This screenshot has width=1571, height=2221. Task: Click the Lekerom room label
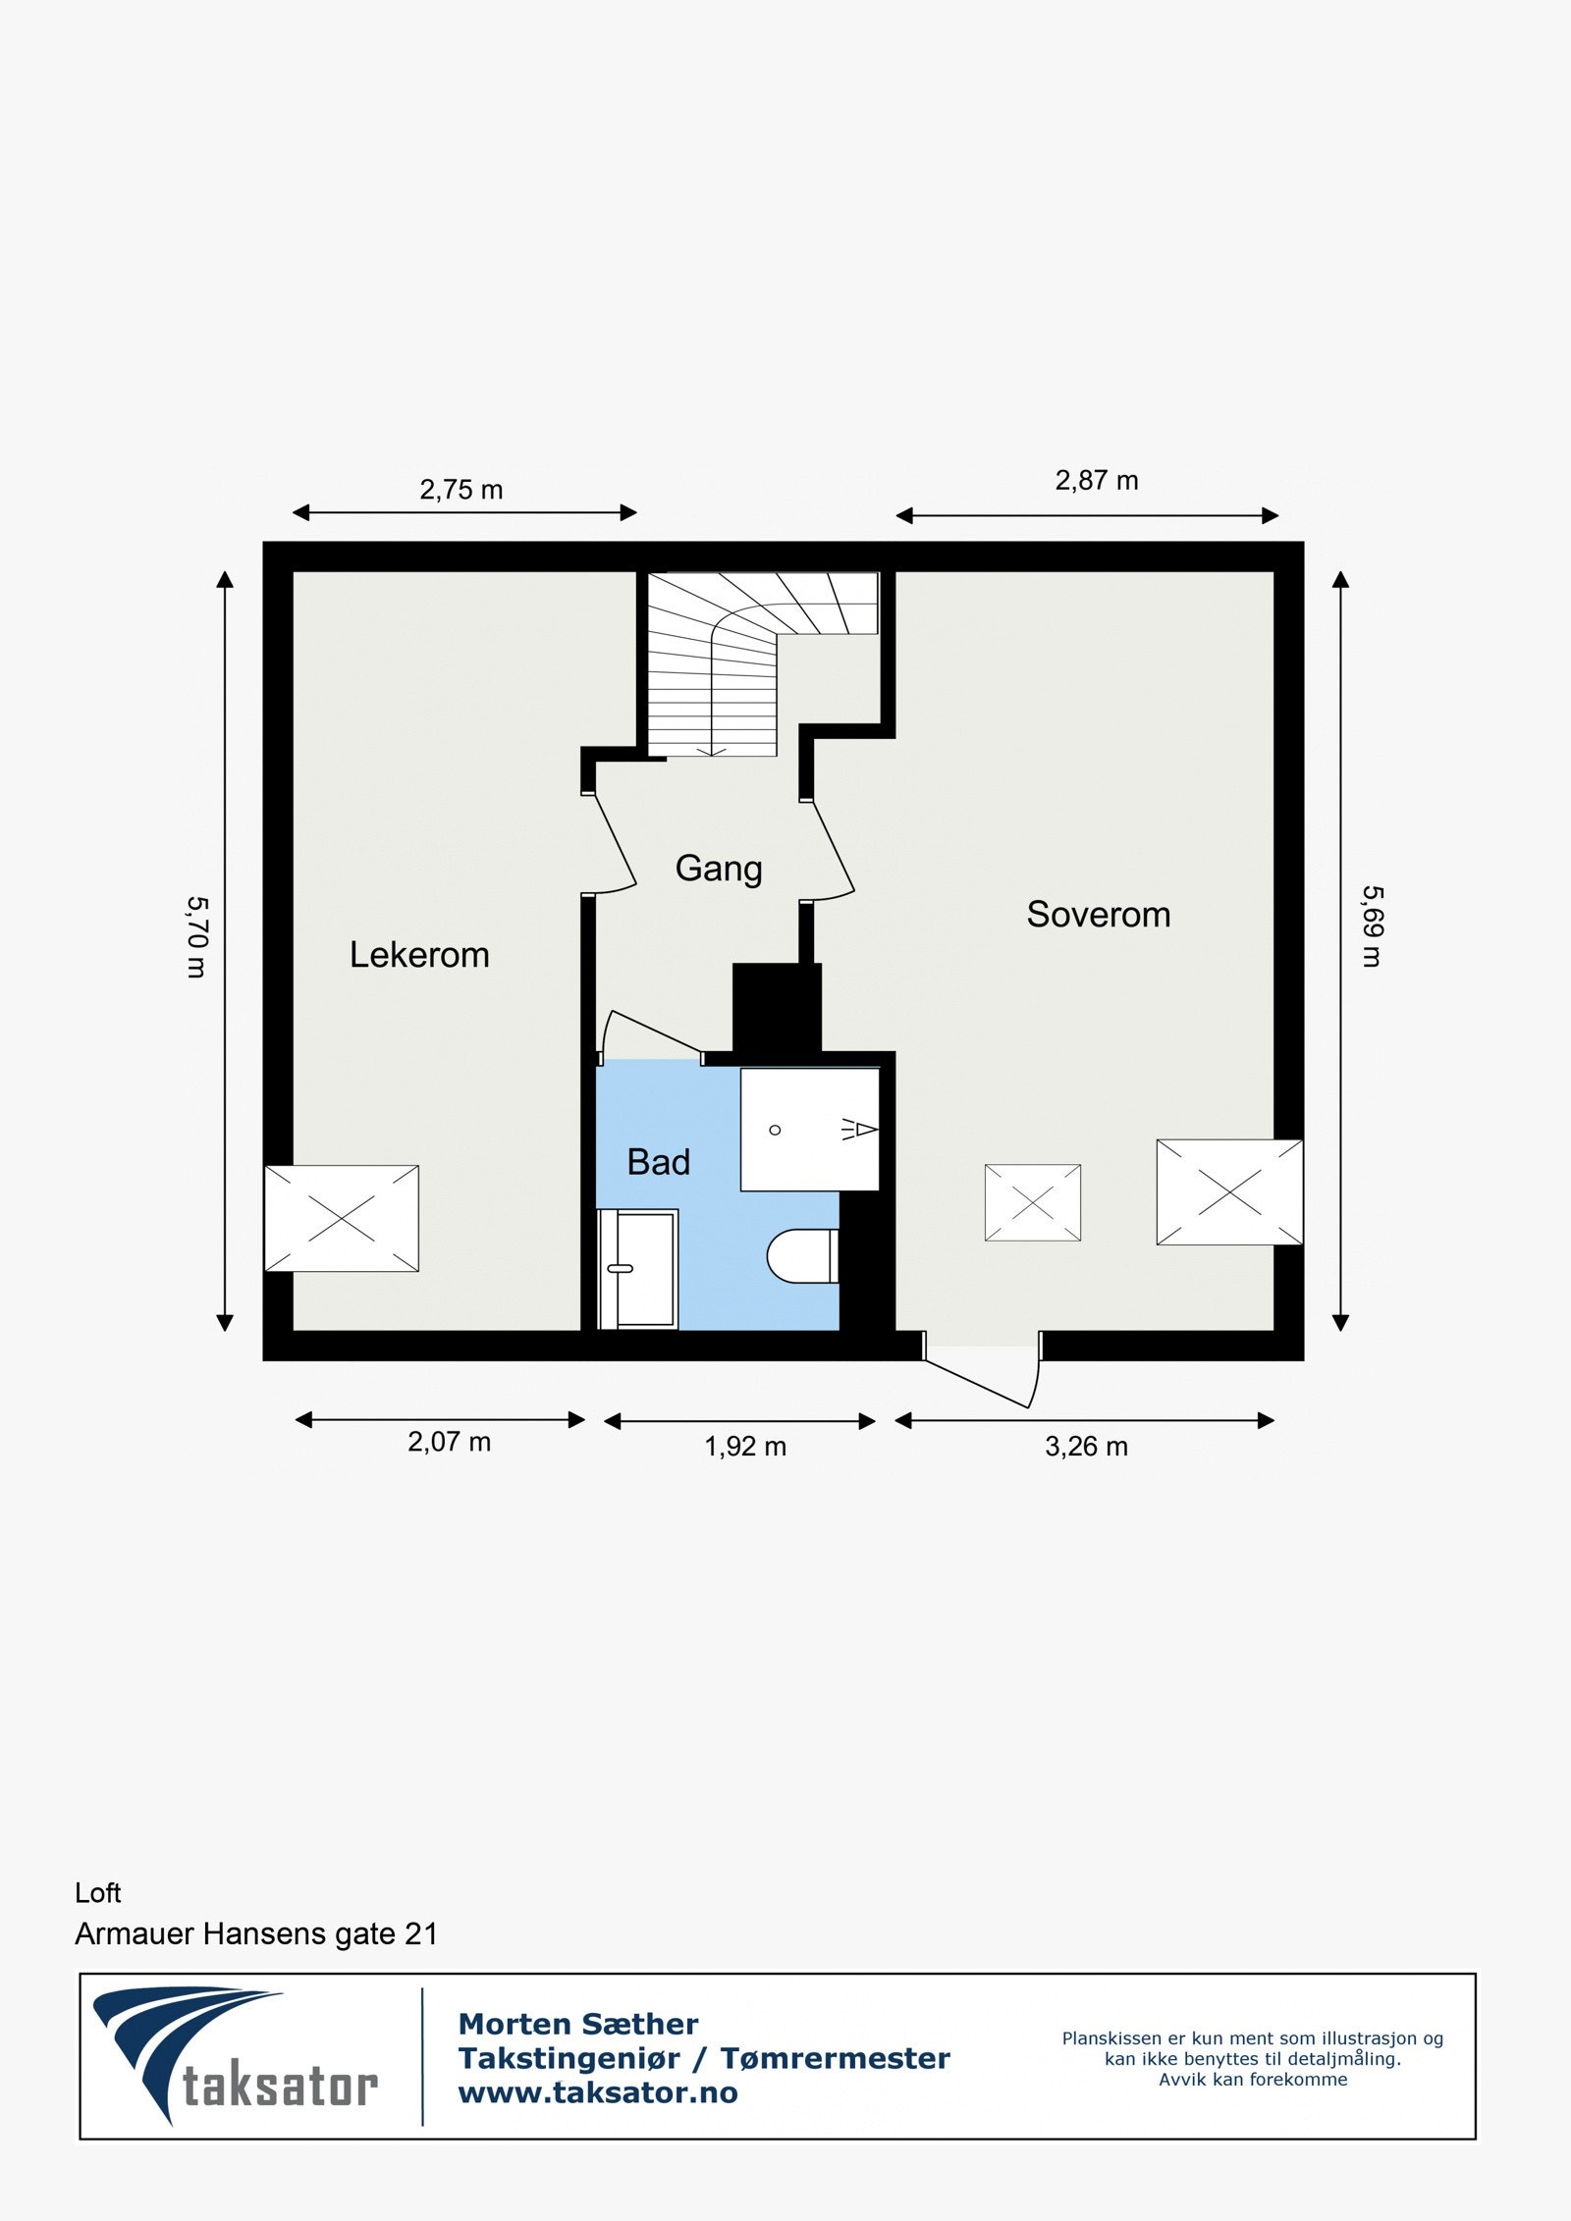point(419,955)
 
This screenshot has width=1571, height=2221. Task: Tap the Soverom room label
point(1098,915)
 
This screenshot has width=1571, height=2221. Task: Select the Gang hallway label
point(719,869)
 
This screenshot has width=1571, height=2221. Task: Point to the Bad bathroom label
point(658,1162)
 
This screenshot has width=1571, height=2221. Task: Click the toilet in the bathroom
point(802,1255)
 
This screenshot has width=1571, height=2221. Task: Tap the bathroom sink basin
point(637,1268)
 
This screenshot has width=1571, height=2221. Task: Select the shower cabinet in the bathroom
point(809,1129)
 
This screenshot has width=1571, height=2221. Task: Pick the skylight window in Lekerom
point(341,1218)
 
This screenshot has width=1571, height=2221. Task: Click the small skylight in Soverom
point(1032,1202)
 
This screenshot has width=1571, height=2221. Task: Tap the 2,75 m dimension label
point(460,489)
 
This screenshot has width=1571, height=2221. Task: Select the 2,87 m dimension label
point(1096,480)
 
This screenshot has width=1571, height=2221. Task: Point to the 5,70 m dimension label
point(197,936)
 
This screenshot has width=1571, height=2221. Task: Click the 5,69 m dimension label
point(1372,925)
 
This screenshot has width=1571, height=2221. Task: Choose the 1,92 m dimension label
point(745,1447)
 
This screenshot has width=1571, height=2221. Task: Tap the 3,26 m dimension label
point(1086,1447)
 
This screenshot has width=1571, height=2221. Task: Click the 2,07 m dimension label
point(449,1442)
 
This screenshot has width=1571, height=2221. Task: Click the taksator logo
point(236,2055)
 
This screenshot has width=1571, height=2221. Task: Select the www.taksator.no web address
point(597,2092)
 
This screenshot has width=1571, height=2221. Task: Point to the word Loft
point(98,1893)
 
